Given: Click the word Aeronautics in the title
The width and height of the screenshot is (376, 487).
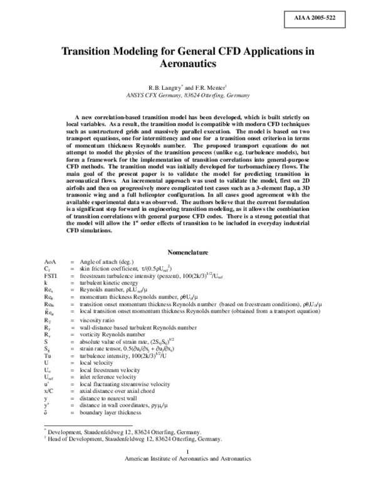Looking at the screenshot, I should (188, 64).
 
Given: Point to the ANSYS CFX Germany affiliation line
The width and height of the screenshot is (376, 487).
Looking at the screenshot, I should (188, 95).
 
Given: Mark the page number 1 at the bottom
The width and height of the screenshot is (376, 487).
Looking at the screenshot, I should (188, 470).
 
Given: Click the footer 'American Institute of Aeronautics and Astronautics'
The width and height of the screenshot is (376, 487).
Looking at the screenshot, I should (188, 477).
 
